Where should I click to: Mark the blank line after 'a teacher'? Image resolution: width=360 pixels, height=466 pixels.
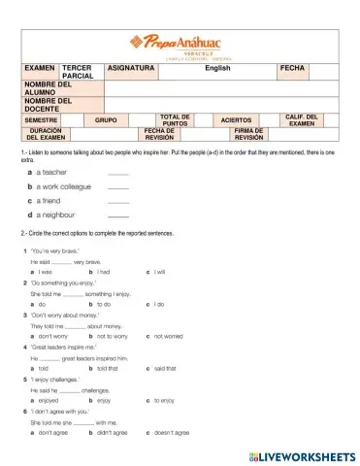coord(118,172)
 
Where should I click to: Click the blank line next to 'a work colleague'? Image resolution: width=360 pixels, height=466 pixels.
coord(118,185)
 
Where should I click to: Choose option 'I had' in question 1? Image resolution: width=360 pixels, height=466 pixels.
coord(102,272)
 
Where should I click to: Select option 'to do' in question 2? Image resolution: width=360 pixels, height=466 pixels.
coord(103,304)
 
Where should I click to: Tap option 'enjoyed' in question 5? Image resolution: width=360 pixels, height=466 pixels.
coord(49,400)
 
